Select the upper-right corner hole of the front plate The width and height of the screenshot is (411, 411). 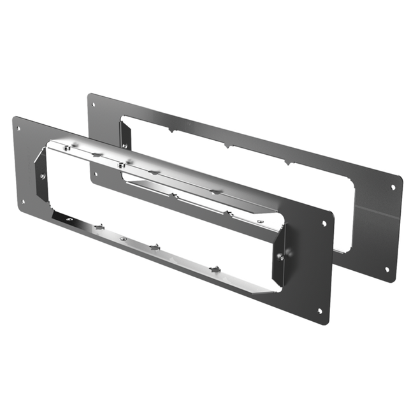pyautogui.click(x=324, y=224)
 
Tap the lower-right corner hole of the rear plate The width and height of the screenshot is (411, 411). pyautogui.click(x=387, y=269)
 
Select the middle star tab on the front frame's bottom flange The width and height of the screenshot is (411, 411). pyautogui.click(x=154, y=245)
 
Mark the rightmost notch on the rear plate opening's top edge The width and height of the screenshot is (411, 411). pyautogui.click(x=292, y=164)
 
